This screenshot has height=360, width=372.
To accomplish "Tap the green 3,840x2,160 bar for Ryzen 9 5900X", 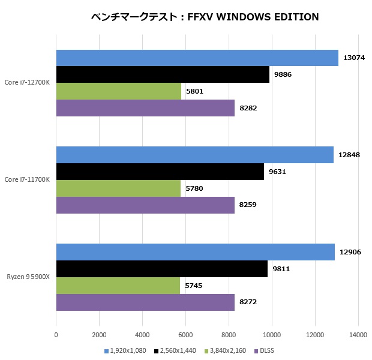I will [118, 286].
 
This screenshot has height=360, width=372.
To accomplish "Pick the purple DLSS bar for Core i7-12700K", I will [145, 108].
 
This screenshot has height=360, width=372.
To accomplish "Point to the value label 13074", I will [355, 58].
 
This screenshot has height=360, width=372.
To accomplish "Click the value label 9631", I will [278, 172].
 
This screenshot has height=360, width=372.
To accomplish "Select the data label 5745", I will [194, 286].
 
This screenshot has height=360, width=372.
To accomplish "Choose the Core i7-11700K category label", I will [26, 179].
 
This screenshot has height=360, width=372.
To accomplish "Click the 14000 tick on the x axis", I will [358, 335].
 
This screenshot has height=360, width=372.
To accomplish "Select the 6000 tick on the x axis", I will [185, 335].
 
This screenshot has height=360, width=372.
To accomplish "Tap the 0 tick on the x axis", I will [56, 335].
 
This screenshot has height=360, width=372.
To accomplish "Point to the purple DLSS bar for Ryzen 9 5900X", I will [145, 302].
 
